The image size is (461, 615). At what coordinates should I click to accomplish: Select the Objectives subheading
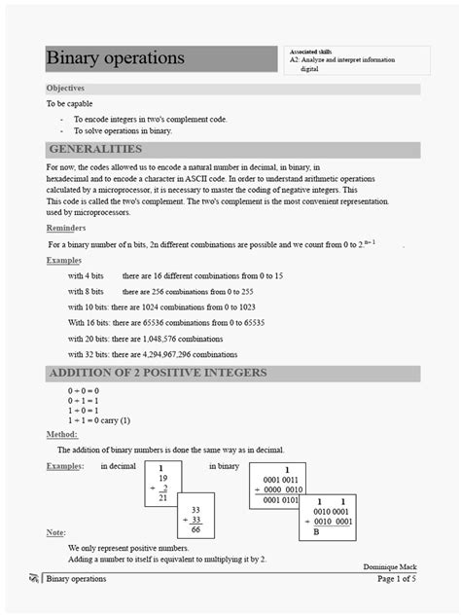[x=65, y=89]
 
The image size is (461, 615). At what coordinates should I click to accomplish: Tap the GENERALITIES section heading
[x=95, y=150]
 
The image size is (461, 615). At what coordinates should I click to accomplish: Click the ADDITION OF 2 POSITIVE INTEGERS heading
[x=158, y=374]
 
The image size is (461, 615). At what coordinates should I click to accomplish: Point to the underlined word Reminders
[x=66, y=227]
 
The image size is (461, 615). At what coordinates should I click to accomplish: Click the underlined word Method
[x=62, y=434]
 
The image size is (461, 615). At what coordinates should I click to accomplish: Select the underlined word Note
[x=56, y=532]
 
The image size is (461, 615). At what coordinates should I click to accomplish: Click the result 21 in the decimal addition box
[x=163, y=497]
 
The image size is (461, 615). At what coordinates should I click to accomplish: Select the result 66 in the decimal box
[x=195, y=529]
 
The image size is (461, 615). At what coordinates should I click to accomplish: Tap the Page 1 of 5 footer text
[x=396, y=579]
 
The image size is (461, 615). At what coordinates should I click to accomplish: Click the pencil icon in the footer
[x=35, y=579]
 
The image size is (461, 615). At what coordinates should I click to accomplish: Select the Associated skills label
[x=310, y=51]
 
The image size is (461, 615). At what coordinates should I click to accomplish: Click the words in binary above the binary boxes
[x=224, y=466]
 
